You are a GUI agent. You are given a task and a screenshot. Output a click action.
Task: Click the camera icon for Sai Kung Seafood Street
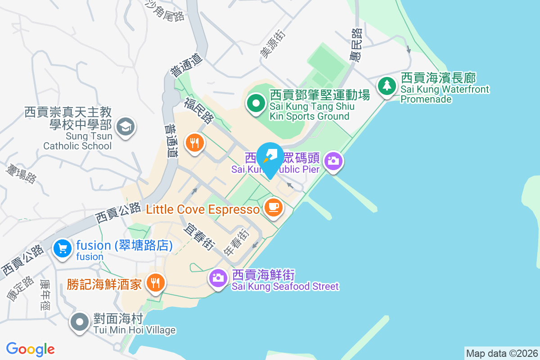(218, 278)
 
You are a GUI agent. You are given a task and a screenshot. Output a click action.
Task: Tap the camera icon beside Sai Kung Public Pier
(333, 161)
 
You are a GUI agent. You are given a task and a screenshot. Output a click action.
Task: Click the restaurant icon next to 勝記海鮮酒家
(156, 283)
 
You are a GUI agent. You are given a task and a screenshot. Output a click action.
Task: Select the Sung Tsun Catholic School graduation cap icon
(125, 126)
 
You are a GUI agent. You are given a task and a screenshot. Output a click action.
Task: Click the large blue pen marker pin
(270, 157)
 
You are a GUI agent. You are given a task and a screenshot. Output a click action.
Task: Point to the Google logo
(30, 349)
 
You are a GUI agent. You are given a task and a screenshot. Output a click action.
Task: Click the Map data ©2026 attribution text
(501, 353)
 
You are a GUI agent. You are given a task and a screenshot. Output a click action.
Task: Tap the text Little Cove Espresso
(203, 209)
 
